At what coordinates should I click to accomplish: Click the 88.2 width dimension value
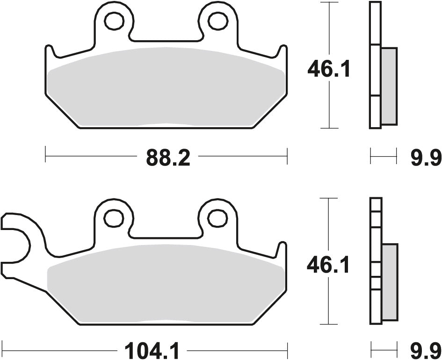point(168,159)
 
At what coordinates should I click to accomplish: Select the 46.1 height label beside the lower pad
point(328,266)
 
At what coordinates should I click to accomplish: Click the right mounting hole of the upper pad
point(216,20)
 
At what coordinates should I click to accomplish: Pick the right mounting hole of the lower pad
point(216,217)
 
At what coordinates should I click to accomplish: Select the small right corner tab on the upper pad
point(283,52)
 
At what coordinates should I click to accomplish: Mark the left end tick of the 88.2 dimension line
point(45,154)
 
